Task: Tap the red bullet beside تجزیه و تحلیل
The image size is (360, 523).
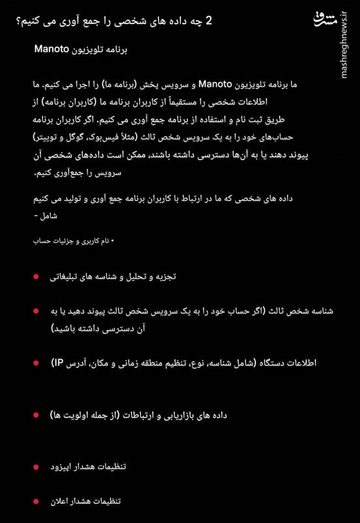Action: pyautogui.click(x=37, y=277)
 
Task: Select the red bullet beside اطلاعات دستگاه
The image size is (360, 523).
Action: pyautogui.click(x=37, y=363)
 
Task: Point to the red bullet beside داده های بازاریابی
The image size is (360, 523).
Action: pyautogui.click(x=37, y=415)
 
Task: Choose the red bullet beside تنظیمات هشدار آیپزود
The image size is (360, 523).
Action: pyautogui.click(x=37, y=467)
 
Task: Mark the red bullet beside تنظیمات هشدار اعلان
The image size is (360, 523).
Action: pyautogui.click(x=37, y=501)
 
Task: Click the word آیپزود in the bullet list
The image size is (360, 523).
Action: pyautogui.click(x=65, y=467)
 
